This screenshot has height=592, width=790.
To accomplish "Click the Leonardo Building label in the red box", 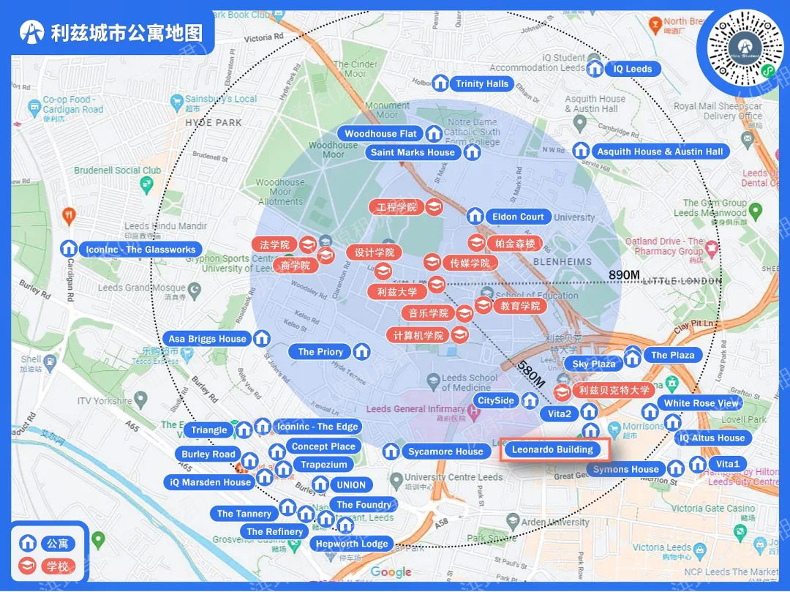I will [x=552, y=449].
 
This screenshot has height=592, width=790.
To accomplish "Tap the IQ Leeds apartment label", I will [x=633, y=69].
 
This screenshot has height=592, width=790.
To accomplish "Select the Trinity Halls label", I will [x=481, y=83].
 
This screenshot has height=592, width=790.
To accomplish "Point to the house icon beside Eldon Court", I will [x=475, y=217].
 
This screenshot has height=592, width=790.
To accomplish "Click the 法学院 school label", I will [x=274, y=244].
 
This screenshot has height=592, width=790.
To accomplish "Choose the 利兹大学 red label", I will [x=397, y=291].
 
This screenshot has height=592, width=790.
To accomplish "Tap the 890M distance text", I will [x=624, y=274].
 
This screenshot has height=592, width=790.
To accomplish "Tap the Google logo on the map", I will [x=391, y=572].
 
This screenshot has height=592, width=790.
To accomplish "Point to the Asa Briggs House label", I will [x=207, y=339].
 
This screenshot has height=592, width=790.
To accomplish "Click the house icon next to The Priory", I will [x=361, y=352].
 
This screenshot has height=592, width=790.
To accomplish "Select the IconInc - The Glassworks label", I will [x=140, y=250].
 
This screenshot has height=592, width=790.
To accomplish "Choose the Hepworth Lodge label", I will [x=352, y=544].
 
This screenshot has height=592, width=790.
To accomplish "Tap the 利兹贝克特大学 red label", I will [x=614, y=391].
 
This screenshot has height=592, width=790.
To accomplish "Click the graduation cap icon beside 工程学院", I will [x=434, y=208].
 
